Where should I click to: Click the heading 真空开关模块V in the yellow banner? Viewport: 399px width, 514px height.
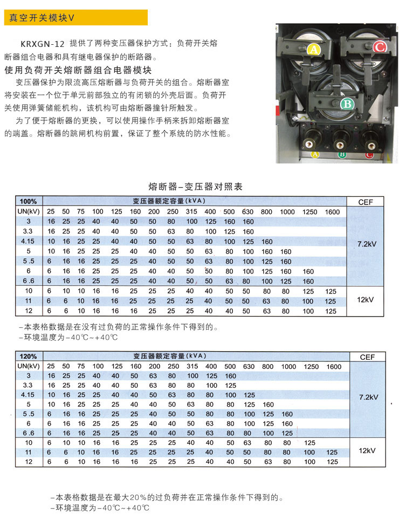42,17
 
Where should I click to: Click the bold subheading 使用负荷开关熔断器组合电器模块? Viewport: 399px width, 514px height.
78,70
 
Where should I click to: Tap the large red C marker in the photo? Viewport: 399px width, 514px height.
379,47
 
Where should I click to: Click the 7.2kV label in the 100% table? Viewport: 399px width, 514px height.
367,244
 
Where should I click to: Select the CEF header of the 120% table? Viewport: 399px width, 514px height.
367,357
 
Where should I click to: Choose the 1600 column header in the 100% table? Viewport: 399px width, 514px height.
332,211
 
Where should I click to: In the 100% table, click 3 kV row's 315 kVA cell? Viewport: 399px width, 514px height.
192,222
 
